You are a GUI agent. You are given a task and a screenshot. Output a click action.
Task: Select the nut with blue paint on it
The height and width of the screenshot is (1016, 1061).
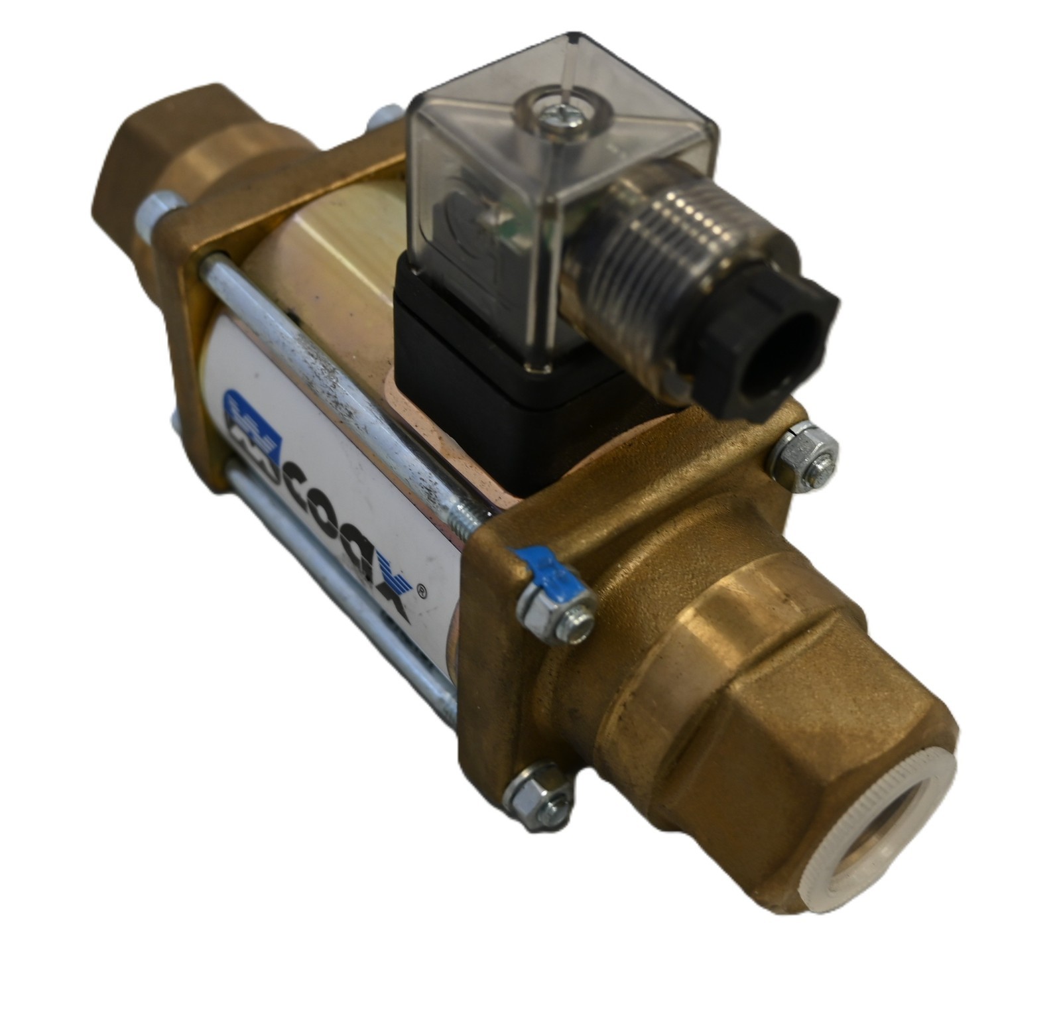coord(556,613)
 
